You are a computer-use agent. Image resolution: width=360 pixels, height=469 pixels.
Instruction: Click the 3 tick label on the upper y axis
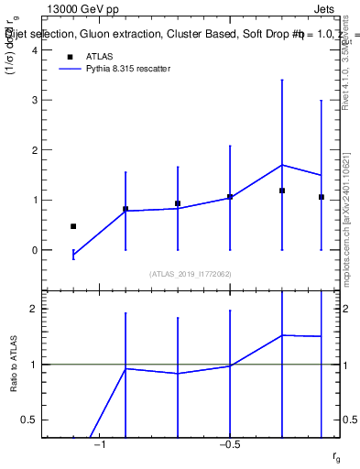(x=35, y=100)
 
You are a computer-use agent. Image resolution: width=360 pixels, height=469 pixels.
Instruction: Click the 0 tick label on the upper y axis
(x=35, y=250)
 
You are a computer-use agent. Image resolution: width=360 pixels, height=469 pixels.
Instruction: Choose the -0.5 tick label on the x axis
(x=229, y=445)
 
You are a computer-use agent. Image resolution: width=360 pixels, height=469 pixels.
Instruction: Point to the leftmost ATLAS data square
(x=73, y=226)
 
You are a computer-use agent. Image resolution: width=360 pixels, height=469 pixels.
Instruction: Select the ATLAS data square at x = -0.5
(x=230, y=197)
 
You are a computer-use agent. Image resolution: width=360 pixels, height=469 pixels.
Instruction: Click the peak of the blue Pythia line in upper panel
(x=282, y=165)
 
